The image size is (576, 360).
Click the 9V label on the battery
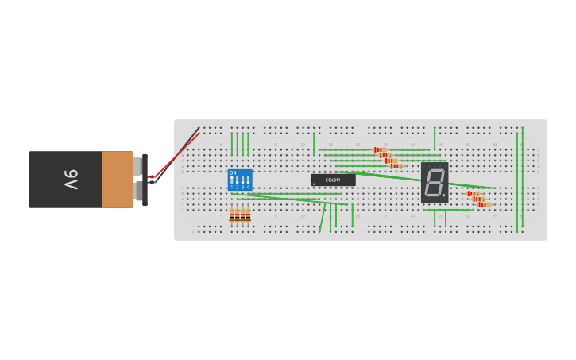(71, 180)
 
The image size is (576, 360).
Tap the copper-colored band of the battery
(117, 180)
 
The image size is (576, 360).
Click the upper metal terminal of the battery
(137, 166)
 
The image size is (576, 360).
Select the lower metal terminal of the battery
(137, 192)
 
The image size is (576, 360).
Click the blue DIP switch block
(240, 180)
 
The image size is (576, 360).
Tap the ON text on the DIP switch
(233, 172)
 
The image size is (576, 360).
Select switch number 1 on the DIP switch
(233, 182)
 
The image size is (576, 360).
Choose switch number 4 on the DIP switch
(248, 182)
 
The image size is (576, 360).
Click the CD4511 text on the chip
(333, 180)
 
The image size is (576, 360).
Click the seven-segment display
(435, 183)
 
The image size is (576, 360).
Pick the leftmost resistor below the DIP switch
(232, 215)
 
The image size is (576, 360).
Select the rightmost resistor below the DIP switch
(248, 215)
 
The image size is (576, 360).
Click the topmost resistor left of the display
(380, 149)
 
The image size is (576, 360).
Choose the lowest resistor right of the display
(483, 204)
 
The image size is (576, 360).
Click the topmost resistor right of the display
(473, 193)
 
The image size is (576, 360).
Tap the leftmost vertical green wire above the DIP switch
(232, 144)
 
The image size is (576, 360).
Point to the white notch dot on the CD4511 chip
(315, 184)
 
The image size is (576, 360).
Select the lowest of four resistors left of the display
(396, 166)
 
